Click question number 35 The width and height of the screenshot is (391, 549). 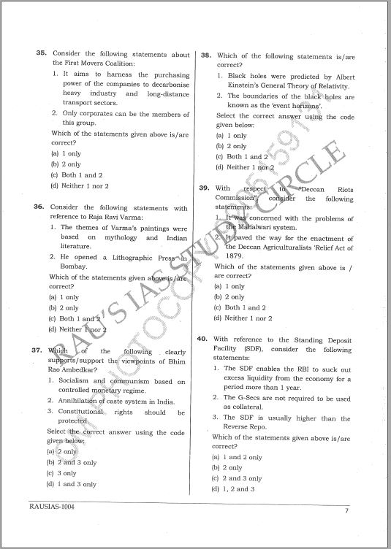point(42,54)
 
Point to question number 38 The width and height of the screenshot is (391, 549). point(206,55)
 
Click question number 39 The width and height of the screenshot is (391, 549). point(205,189)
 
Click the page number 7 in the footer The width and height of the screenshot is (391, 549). point(346,510)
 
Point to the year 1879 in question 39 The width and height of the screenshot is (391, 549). point(235,256)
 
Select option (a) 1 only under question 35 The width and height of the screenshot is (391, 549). point(66,154)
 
